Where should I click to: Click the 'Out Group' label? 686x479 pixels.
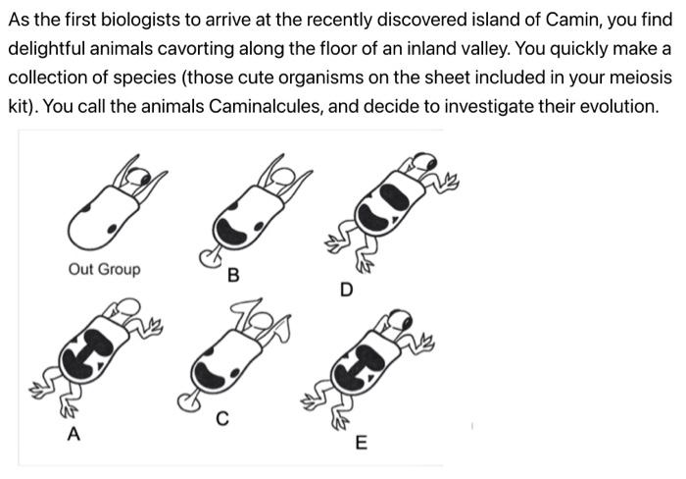104,269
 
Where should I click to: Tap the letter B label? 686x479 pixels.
232,276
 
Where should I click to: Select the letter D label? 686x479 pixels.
345,291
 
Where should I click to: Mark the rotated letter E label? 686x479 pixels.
361,445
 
